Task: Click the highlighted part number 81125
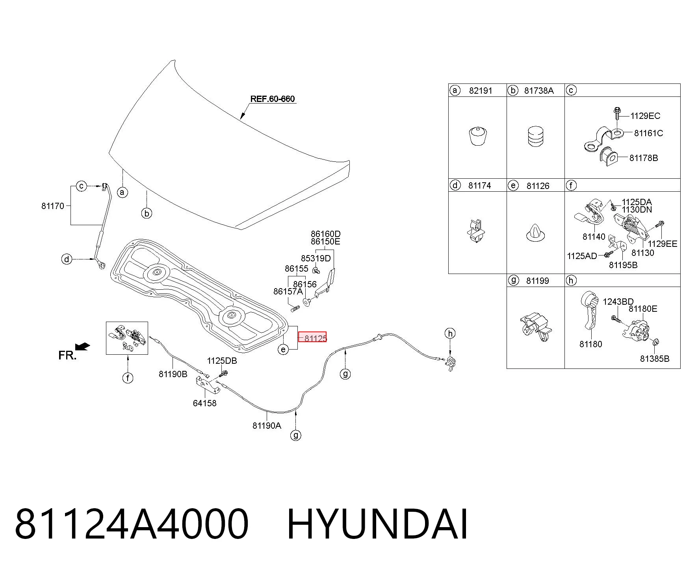pos(316,338)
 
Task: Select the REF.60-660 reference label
pos(273,99)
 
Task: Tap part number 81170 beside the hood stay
pos(52,206)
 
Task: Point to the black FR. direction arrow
pos(83,347)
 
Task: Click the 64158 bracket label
pos(204,403)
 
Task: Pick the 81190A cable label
pos(267,426)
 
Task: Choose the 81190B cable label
pos(173,374)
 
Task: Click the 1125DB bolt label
pos(222,361)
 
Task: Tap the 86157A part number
pos(288,291)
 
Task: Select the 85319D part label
pos(316,258)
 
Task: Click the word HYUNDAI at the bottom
pos(378,524)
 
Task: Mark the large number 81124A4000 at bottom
pos(132,524)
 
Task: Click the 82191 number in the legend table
pos(481,91)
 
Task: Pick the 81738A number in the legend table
pos(539,91)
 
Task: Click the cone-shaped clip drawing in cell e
pos(536,233)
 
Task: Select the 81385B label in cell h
pos(655,359)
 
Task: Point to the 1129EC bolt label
pos(645,116)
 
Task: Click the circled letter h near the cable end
pos(450,333)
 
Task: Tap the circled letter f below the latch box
pos(128,378)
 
